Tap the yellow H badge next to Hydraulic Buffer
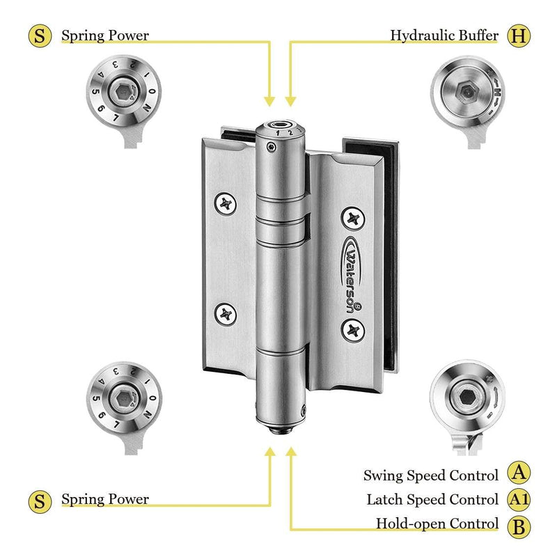[x=517, y=35]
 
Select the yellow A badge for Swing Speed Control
[x=517, y=474]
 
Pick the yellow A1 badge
[x=517, y=499]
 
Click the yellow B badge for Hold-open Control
[x=517, y=524]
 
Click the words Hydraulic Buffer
[x=444, y=35]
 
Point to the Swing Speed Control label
[x=431, y=476]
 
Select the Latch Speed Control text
[x=432, y=500]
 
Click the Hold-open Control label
[x=437, y=524]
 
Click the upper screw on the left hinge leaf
[x=227, y=203]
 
